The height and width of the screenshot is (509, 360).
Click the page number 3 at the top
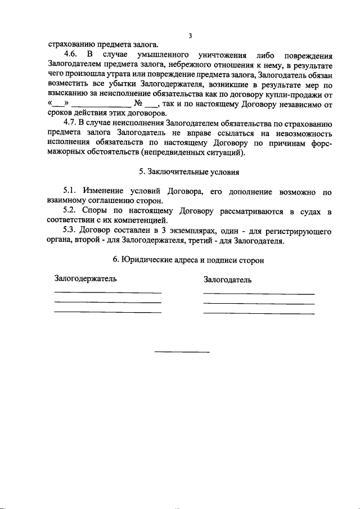190,36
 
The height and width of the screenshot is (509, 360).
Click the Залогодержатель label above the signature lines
85,279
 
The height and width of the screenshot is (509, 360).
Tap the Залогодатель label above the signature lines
228,280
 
